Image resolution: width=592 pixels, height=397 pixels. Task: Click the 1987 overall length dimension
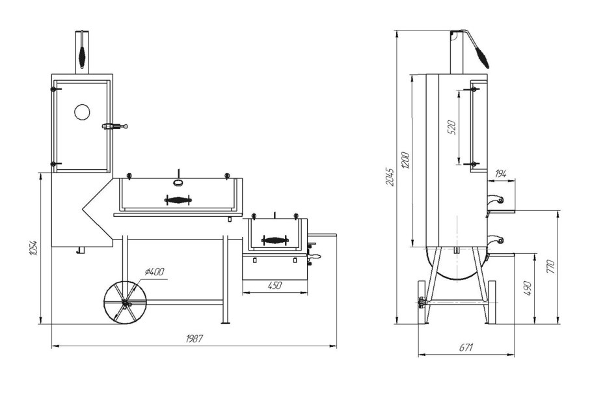[x=195, y=338]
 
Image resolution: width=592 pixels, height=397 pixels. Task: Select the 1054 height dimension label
[x=33, y=248]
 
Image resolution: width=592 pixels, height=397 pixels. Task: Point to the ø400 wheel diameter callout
[x=154, y=271]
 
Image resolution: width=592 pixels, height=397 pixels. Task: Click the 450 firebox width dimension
[x=275, y=285]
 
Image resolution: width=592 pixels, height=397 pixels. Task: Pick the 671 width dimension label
[x=466, y=347]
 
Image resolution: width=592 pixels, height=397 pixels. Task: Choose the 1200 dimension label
[x=405, y=161]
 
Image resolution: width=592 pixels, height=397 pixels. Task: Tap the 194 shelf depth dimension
[x=500, y=174]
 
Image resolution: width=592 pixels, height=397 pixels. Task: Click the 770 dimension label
[x=550, y=267]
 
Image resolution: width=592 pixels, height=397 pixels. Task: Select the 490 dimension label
[x=528, y=288]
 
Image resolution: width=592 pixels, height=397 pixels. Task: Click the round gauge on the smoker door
[x=82, y=112]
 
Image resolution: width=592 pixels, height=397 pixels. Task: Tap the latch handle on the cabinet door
[x=114, y=126]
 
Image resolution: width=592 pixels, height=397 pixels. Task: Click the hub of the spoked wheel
[x=125, y=303]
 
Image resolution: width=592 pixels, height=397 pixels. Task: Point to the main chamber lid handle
[x=178, y=200]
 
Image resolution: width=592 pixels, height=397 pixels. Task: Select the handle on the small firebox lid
[x=275, y=240]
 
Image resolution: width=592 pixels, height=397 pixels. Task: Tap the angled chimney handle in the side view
[x=476, y=48]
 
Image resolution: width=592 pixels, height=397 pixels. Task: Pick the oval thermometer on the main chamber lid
[x=178, y=183]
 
